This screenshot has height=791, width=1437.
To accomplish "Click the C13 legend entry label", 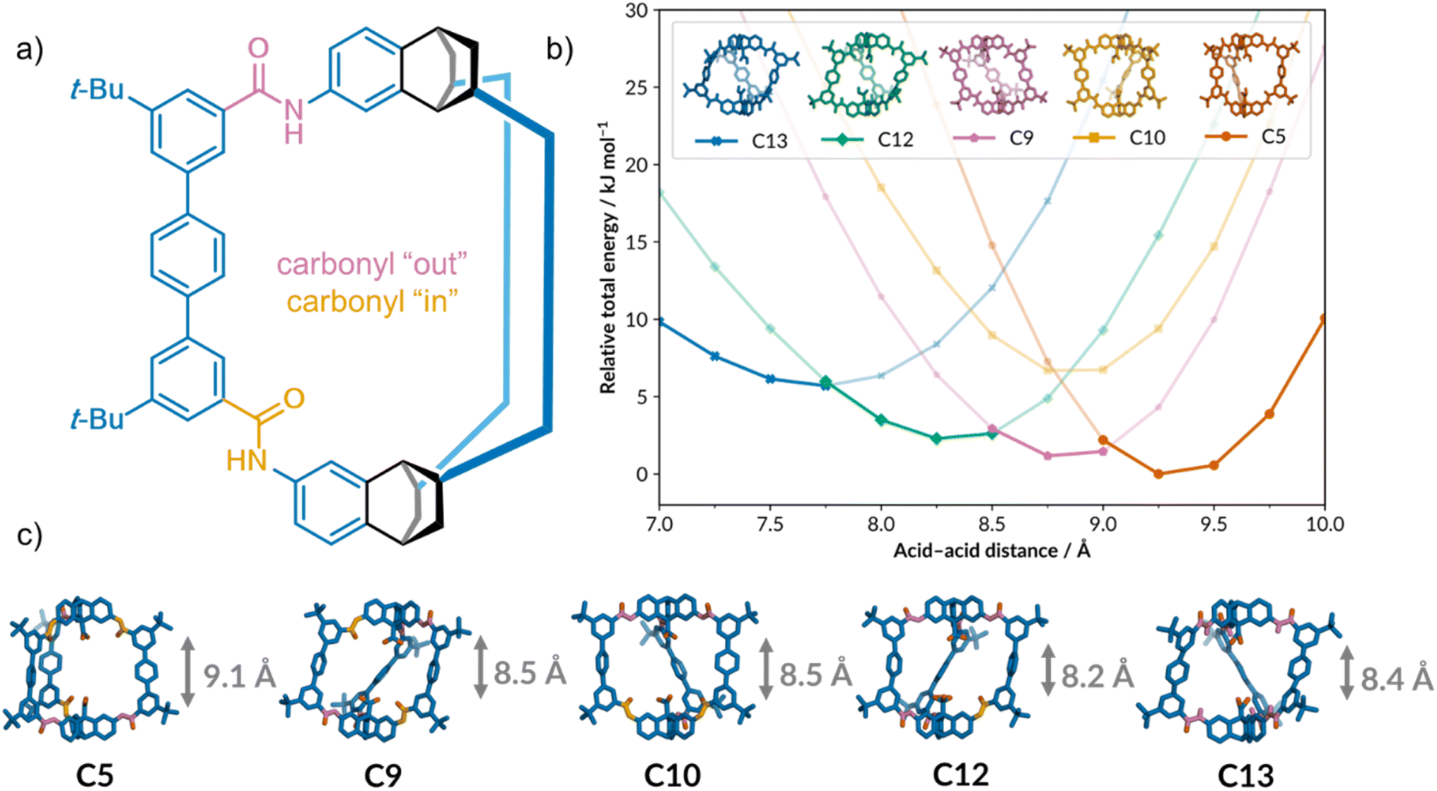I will (769, 141).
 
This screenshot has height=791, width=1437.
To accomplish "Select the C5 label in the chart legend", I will (1273, 136).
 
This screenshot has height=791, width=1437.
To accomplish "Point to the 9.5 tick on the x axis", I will (1214, 524).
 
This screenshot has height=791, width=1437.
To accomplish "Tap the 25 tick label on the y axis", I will (636, 88).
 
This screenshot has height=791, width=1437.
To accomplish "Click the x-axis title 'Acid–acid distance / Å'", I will (991, 550).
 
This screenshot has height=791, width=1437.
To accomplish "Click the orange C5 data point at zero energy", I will (1158, 474).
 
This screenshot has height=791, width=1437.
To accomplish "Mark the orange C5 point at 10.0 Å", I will (1324, 319).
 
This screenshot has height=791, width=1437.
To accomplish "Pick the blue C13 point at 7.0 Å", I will (660, 322).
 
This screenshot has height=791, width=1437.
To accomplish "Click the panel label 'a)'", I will (30, 51).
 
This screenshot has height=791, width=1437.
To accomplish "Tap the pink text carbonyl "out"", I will (372, 265).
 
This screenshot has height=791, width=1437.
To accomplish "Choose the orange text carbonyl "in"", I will (372, 302).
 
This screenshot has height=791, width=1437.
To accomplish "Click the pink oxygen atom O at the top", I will (258, 48).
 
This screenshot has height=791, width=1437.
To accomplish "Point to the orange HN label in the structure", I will (247, 461).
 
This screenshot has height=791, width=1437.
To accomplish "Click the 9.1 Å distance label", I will (239, 676).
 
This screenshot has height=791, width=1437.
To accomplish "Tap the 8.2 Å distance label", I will (1097, 676).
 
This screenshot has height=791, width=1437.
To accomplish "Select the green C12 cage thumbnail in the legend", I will (866, 74).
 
